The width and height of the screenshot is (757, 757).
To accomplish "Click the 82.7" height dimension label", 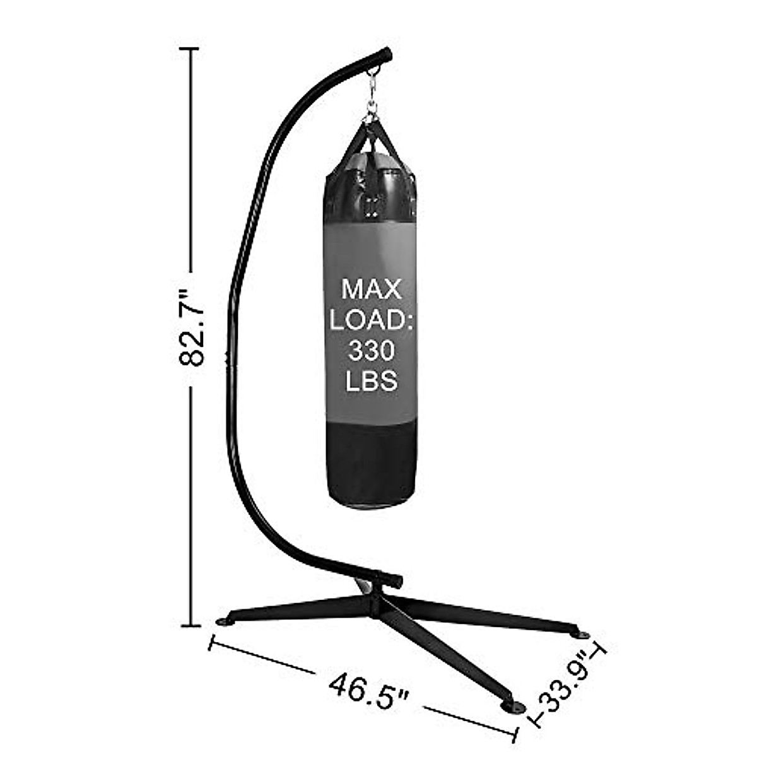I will (192, 328).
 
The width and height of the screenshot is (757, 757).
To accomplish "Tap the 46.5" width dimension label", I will (368, 690).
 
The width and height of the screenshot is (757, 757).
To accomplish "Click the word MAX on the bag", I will (371, 290).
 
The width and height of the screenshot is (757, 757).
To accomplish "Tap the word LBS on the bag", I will (371, 381).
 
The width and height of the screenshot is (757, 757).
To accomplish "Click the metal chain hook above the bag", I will (372, 95).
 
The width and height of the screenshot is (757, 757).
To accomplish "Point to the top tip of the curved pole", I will (386, 54).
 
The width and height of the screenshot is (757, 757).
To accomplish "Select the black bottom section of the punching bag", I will (371, 464).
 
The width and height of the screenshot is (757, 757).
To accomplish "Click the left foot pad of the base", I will (225, 621).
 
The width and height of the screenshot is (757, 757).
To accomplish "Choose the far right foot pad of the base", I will (582, 634).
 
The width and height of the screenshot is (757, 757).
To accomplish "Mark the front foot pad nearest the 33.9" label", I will (512, 707).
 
